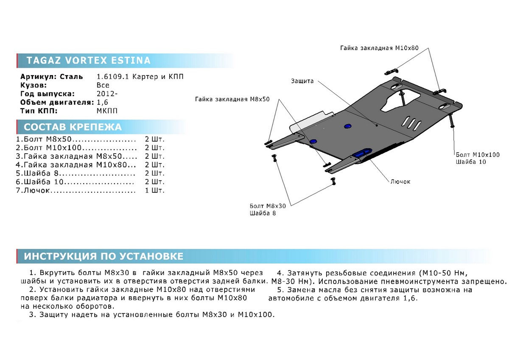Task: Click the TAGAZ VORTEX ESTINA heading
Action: pos(88,61)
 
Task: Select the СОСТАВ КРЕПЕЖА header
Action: pos(73,127)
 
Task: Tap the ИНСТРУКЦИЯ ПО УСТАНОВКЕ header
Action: pos(103,256)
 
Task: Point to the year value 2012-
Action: pos(105,94)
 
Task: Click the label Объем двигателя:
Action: pos(57,102)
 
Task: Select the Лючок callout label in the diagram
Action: pos(400,181)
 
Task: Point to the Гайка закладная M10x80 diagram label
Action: pos(379,48)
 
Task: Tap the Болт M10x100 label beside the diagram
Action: pos(478,155)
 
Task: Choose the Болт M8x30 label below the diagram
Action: pos(267,206)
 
